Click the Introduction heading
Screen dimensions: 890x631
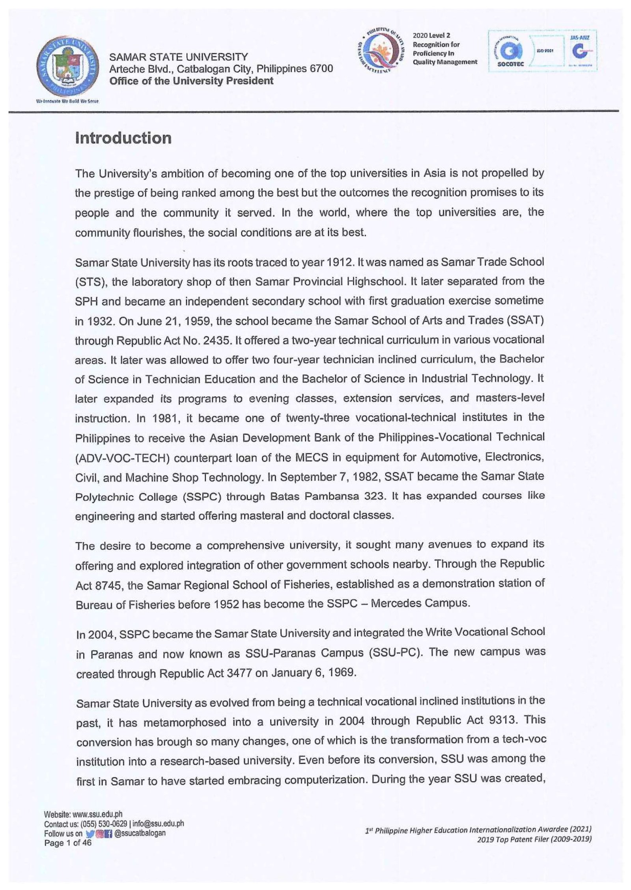(x=123, y=138)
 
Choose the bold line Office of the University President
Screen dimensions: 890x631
(x=191, y=81)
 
